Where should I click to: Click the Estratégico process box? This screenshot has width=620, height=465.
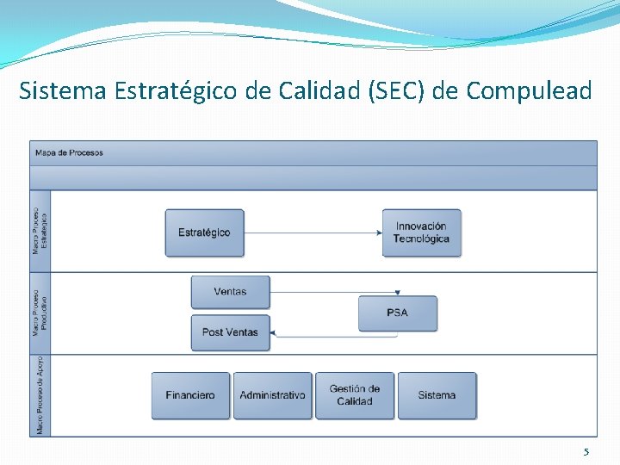(204, 232)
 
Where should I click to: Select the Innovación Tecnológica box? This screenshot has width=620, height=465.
(421, 232)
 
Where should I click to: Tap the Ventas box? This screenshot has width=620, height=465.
(230, 292)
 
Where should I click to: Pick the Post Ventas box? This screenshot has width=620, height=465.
(230, 332)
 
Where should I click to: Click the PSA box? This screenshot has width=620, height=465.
(397, 313)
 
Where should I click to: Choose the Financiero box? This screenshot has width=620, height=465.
(190, 395)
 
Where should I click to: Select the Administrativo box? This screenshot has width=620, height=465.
(272, 395)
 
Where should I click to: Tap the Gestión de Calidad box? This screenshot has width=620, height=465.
(354, 395)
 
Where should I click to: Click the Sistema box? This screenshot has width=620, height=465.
(437, 395)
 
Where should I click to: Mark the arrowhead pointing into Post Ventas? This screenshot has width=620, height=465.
(275, 334)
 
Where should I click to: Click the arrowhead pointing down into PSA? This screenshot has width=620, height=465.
(397, 294)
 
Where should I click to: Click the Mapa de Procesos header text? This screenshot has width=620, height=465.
(69, 153)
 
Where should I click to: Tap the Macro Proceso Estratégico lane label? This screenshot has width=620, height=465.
(40, 230)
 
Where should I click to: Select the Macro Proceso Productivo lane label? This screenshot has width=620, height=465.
(40, 313)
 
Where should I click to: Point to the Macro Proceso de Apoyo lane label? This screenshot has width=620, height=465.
(40, 394)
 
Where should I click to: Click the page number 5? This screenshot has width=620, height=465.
(586, 452)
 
